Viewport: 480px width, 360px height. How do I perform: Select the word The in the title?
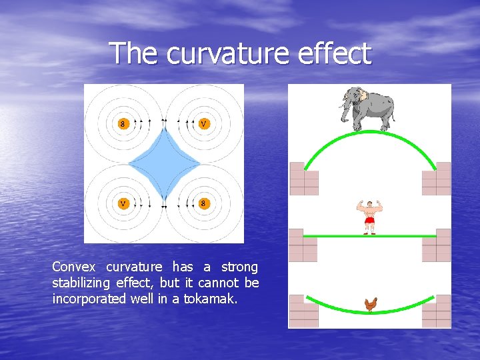point(135,53)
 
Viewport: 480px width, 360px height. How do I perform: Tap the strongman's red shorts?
point(369,221)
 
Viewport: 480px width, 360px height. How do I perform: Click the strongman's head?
point(369,203)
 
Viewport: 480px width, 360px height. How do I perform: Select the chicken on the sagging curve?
point(371,305)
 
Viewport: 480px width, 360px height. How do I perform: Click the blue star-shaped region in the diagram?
point(164,163)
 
